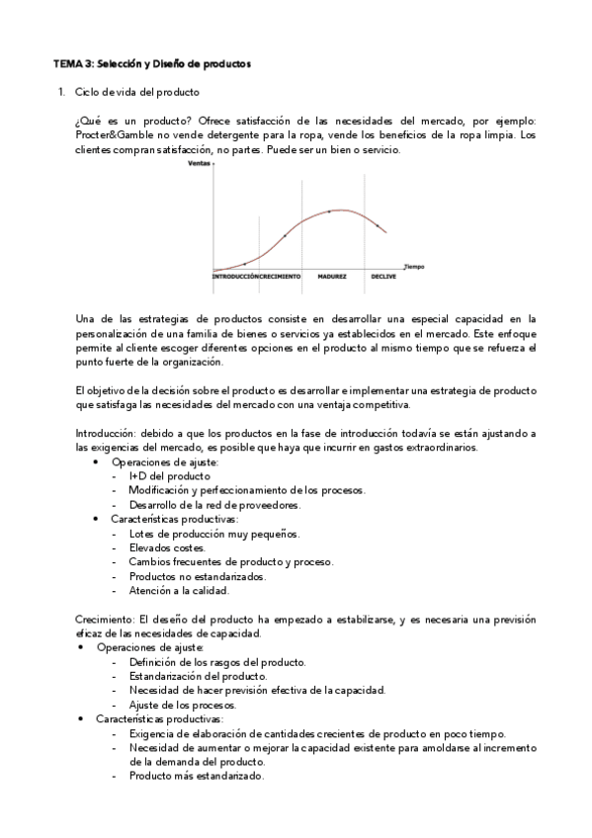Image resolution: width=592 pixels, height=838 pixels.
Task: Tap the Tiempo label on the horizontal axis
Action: click(413, 265)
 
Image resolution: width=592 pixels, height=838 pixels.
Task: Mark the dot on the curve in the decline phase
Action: click(377, 225)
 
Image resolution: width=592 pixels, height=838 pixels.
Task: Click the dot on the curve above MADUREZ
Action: click(329, 212)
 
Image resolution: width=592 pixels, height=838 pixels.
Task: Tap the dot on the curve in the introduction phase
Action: click(244, 264)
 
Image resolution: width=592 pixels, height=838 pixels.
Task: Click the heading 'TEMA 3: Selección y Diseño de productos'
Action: click(151, 64)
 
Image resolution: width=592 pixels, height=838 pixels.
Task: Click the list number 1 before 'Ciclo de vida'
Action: click(61, 93)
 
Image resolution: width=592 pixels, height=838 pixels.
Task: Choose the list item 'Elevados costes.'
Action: click(167, 546)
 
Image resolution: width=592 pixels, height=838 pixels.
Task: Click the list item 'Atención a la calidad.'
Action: click(178, 590)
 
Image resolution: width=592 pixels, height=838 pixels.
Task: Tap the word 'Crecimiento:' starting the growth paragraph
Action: click(106, 619)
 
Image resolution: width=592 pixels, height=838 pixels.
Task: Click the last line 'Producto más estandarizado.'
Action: click(196, 776)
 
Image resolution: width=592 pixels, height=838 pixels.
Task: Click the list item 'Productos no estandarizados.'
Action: click(197, 575)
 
